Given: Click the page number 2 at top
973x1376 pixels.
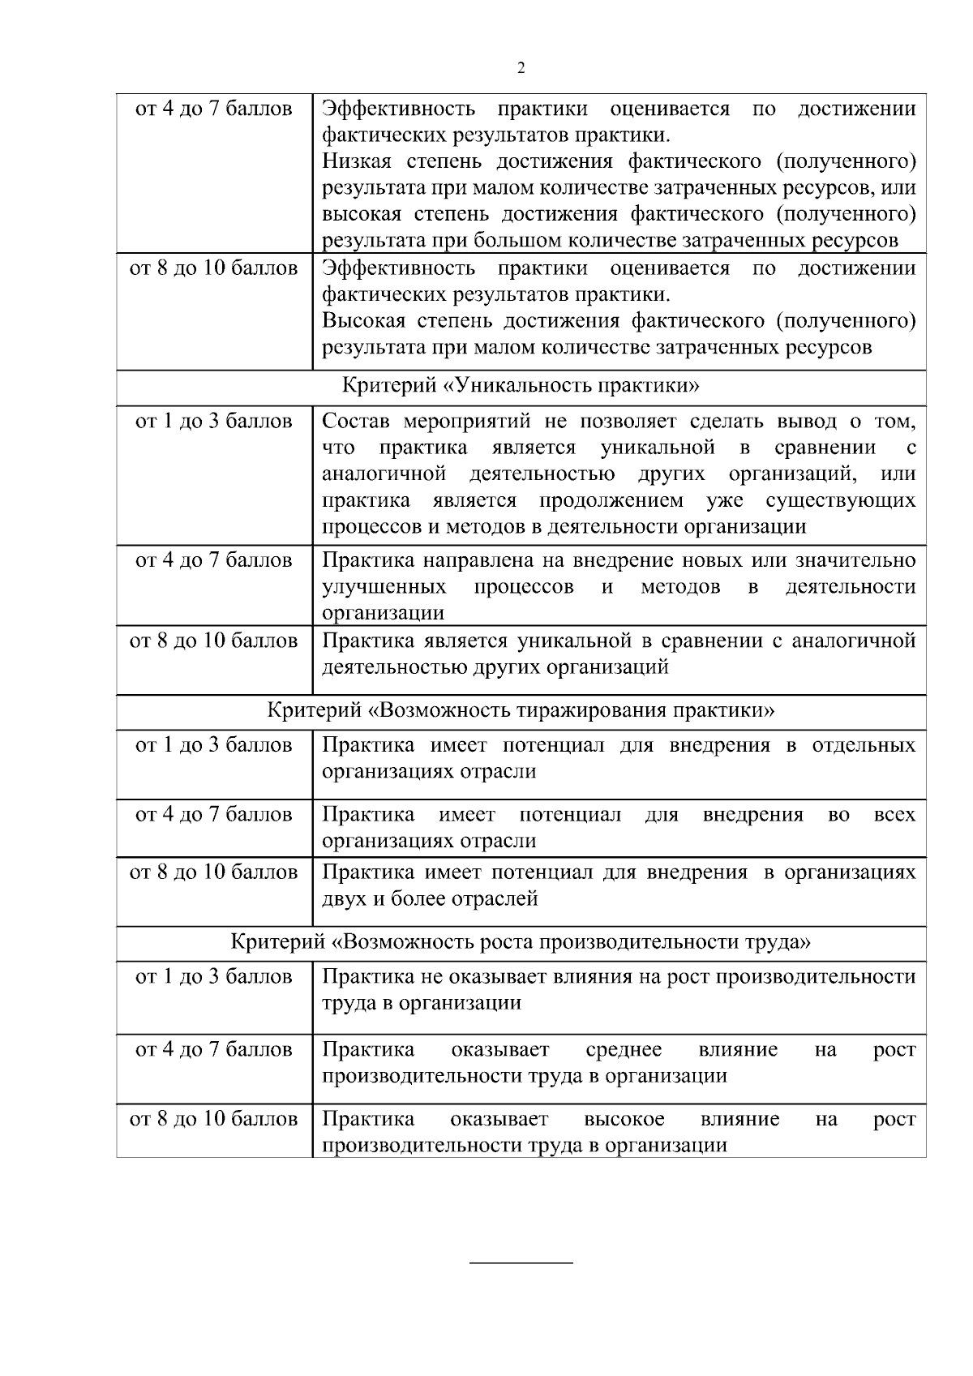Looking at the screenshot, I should point(521,68).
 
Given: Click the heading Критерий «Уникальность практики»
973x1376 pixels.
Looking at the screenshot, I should point(521,385).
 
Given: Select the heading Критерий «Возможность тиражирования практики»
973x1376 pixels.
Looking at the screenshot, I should point(521,711).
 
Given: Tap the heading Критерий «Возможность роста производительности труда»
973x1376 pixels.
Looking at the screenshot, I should point(521,942).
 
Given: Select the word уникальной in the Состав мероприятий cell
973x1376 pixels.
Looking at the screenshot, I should point(658,448).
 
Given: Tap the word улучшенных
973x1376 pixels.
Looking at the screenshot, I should point(384,586).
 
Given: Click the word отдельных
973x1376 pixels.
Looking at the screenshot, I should point(864,745).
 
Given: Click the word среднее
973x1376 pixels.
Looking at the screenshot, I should point(624,1050).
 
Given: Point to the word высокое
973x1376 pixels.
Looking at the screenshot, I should point(624,1120).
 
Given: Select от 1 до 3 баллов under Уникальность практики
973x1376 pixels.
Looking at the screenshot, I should point(214,422).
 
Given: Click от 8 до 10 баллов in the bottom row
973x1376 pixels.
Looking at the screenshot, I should point(214,1120).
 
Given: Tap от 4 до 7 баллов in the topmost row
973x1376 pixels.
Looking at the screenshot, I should point(214,109).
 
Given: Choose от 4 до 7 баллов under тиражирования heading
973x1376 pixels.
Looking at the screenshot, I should point(214,814).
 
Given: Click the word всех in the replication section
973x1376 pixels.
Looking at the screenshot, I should point(894,814).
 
